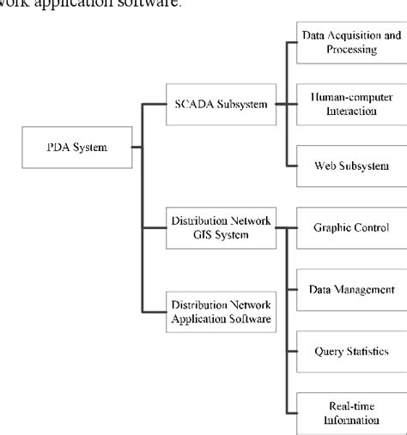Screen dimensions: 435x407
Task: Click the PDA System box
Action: pos(76,148)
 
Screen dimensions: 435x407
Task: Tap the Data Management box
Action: pos(351,289)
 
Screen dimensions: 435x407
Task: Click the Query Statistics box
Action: pos(351,351)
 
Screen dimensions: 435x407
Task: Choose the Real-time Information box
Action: pos(351,414)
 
